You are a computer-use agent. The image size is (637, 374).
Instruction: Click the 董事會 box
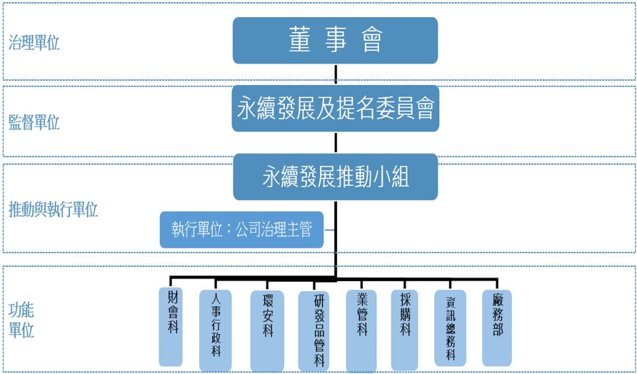335,40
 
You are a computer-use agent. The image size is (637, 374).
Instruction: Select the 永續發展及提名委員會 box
335,108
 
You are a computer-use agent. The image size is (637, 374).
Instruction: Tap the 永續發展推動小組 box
335,176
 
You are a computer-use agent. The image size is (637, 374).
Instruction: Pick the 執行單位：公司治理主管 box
241,231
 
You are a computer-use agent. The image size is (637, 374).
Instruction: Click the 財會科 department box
172,325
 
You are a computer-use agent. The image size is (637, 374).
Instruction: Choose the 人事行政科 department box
216,329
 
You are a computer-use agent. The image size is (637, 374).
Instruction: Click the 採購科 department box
406,325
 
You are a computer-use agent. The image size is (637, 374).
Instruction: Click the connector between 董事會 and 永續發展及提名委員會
335,74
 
